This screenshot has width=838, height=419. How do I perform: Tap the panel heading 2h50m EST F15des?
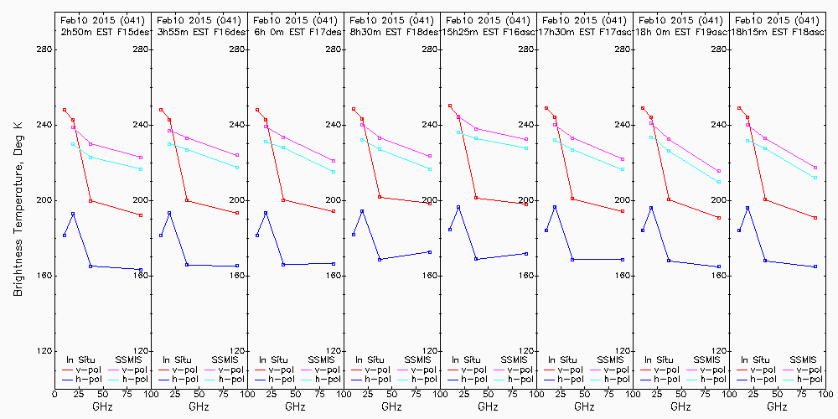point(102,32)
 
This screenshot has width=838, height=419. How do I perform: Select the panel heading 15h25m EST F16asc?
point(488,32)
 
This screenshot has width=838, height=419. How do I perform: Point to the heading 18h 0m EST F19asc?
point(680,32)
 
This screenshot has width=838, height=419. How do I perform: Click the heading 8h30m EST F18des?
point(391,32)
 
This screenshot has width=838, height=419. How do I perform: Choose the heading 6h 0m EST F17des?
point(295,32)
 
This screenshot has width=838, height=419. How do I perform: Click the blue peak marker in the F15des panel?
point(73,214)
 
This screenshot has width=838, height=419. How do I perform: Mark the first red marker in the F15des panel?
point(65,110)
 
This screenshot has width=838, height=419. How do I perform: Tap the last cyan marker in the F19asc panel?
point(719,182)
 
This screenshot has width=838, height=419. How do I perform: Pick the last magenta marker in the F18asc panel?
point(815,168)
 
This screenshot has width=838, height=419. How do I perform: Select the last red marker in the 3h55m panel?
point(237,213)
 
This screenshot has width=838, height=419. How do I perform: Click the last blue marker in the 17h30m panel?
point(623,260)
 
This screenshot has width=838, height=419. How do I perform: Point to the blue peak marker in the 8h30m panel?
point(362,211)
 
